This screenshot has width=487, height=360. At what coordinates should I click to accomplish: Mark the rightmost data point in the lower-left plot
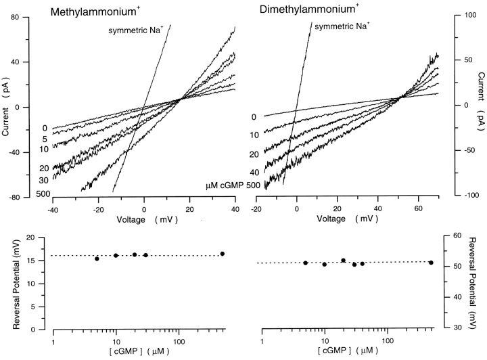[222, 254]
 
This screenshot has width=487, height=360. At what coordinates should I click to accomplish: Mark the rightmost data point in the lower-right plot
[431, 263]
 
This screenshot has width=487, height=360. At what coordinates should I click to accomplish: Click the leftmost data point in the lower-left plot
[97, 258]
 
